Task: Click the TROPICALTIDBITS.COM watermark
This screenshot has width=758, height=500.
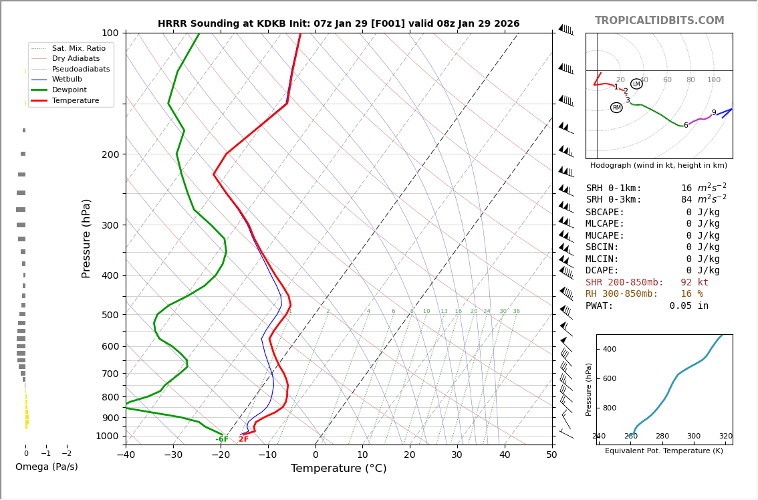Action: click(x=659, y=21)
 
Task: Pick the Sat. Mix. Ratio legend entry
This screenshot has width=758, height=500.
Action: click(x=78, y=49)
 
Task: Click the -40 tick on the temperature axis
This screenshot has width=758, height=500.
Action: click(x=126, y=455)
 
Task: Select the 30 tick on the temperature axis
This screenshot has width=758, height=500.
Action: click(x=457, y=455)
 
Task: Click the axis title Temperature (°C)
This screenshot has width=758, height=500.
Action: click(x=338, y=469)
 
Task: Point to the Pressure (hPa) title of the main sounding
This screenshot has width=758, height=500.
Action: click(x=87, y=238)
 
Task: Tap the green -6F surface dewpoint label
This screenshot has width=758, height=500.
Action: click(x=222, y=439)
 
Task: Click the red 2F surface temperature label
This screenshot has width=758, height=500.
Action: click(x=243, y=439)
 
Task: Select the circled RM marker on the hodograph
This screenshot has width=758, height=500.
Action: click(x=616, y=108)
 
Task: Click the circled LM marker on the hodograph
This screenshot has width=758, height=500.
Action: click(x=636, y=84)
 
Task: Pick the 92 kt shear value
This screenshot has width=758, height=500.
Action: click(x=694, y=283)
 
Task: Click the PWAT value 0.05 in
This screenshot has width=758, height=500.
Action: click(x=688, y=306)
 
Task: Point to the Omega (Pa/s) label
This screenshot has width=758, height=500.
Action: click(x=46, y=467)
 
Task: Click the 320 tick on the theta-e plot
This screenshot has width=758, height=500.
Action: click(x=725, y=436)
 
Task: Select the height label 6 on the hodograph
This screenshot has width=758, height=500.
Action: click(x=685, y=126)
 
